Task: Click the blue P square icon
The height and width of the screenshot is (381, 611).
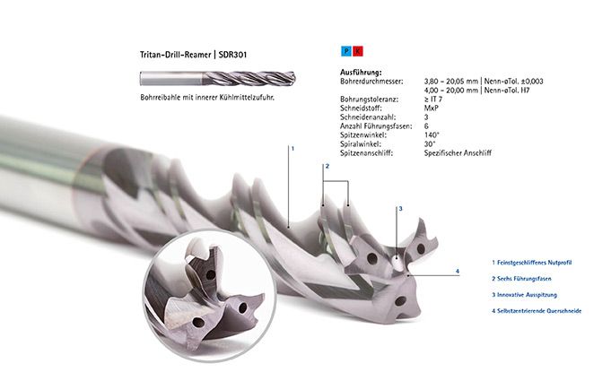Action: [x=346, y=51]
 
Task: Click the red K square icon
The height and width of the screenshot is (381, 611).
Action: [x=358, y=51]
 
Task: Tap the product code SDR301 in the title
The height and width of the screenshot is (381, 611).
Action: [x=232, y=55]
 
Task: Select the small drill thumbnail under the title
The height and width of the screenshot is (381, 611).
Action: [x=217, y=78]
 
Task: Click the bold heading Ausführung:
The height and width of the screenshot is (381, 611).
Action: [x=361, y=73]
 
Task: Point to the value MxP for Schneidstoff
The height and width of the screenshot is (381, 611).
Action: [x=432, y=108]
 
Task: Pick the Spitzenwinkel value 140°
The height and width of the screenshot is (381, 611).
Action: [x=432, y=135]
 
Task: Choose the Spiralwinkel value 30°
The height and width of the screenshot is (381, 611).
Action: [x=430, y=144]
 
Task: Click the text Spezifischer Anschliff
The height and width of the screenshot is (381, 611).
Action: [x=458, y=153]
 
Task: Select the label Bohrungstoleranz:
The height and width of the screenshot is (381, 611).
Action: [x=370, y=100]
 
